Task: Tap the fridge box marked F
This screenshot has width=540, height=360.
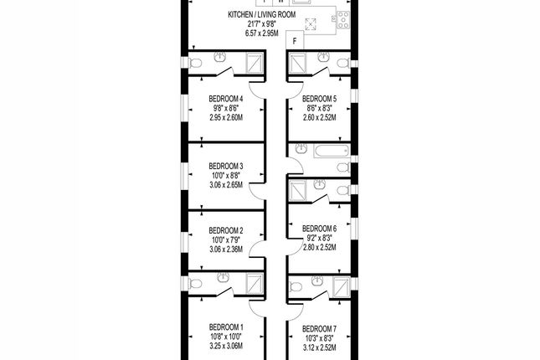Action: click(x=295, y=39)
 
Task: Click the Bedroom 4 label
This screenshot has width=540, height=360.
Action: click(x=225, y=99)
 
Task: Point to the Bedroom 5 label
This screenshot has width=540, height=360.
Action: click(x=318, y=99)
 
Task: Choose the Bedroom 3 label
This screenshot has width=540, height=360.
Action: click(x=225, y=166)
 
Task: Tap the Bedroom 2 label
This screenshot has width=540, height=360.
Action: click(x=225, y=230)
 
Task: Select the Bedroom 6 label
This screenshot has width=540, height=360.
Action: click(x=318, y=229)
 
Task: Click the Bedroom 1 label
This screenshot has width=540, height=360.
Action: click(x=225, y=327)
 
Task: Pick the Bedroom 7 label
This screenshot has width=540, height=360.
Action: click(x=318, y=327)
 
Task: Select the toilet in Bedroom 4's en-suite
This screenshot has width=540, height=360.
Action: click(x=194, y=64)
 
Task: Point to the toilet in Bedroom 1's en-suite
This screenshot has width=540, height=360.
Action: click(x=194, y=285)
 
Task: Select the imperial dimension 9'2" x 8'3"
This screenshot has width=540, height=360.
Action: click(x=318, y=238)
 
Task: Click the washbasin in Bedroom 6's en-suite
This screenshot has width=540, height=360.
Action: click(x=319, y=185)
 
